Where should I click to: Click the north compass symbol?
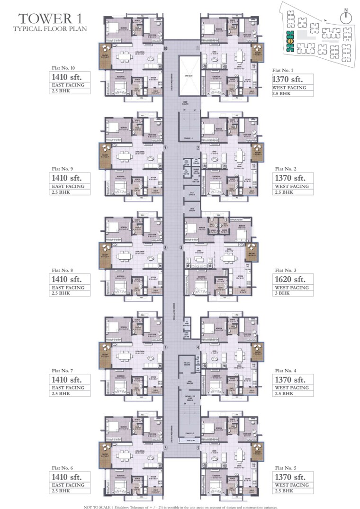pyautogui.click(x=347, y=15)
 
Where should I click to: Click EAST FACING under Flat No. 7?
pyautogui.click(x=68, y=388)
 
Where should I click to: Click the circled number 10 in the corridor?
pyautogui.click(x=166, y=48)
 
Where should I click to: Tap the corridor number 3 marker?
pyautogui.click(x=181, y=247)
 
